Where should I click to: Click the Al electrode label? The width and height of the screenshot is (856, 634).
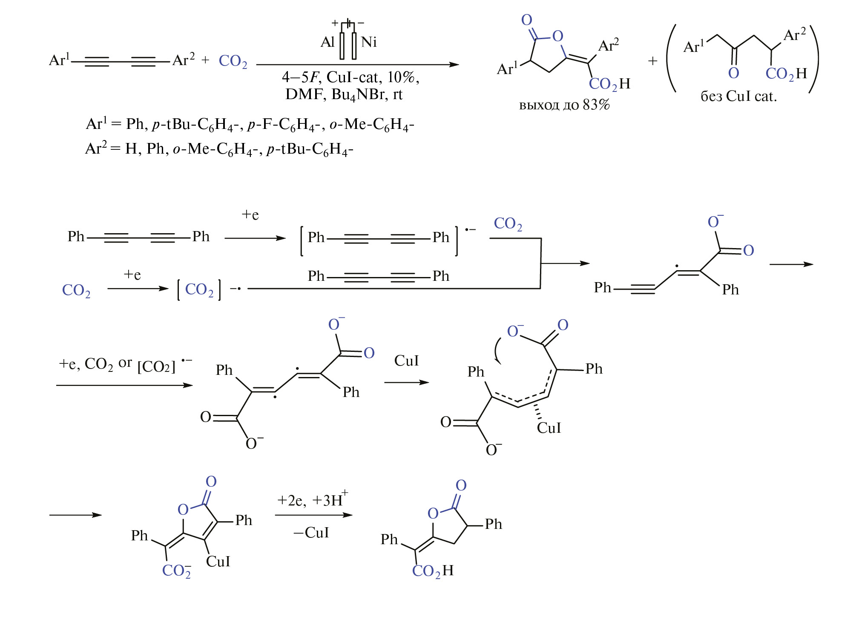coord(327,42)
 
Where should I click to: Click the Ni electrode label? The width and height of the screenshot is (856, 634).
coord(369,42)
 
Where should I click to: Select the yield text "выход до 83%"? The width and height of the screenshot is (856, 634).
coord(564,105)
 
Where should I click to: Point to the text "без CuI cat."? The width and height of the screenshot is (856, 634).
coord(738,97)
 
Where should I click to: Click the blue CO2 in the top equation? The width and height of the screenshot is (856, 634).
coord(233,61)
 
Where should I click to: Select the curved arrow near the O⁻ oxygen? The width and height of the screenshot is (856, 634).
coord(497,351)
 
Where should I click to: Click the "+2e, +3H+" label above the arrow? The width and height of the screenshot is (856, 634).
coord(312,500)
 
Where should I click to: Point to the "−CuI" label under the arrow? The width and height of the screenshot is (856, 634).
coord(311,533)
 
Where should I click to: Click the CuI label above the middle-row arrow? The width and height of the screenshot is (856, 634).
coord(406,361)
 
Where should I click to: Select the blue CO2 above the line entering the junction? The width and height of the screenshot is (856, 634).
coord(508,223)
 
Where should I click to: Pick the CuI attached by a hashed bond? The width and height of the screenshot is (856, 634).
coord(549,428)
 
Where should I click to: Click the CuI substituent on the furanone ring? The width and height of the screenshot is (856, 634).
coord(218,562)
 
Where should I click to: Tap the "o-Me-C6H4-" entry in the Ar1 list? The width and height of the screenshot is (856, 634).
coord(371,124)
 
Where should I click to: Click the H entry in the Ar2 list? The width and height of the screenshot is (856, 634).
coord(131,149)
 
